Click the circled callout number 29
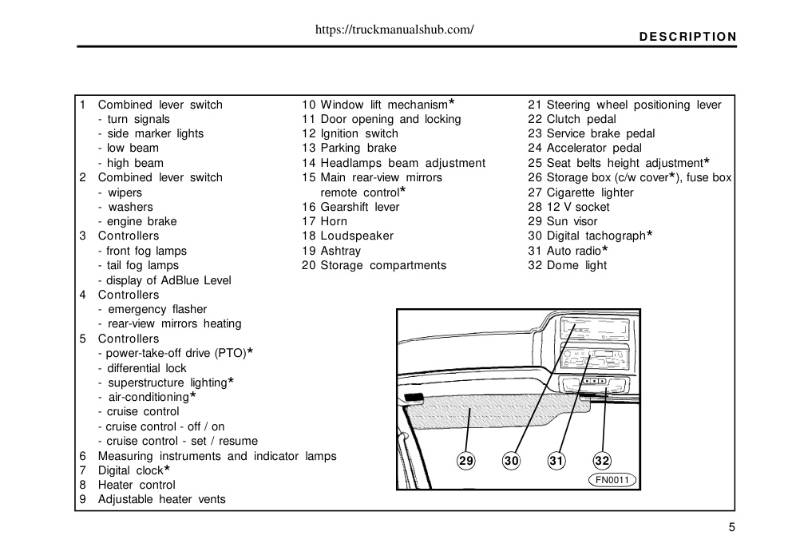[465, 461]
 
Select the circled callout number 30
[511, 461]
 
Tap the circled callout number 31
[556, 461]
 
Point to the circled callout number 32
[602, 461]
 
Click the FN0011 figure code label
[612, 480]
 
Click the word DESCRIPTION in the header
[688, 37]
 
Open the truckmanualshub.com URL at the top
[394, 30]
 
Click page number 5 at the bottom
[732, 528]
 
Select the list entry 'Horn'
[334, 221]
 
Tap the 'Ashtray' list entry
[341, 252]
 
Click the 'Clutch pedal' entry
[581, 119]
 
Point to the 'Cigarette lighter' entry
[590, 192]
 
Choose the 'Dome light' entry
[576, 265]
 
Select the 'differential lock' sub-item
[146, 368]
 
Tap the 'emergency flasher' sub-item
[157, 309]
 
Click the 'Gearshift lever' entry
[360, 207]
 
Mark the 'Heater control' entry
[137, 486]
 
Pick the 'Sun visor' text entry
[572, 221]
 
